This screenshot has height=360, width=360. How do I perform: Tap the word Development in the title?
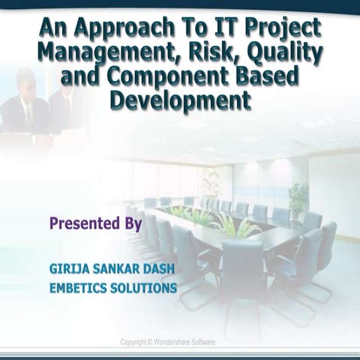pos(180,100)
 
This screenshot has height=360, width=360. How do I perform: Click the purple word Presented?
pos(83,223)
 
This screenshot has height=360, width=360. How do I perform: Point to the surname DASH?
pos(160,268)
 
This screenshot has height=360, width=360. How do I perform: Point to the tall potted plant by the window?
pos(298,196)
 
